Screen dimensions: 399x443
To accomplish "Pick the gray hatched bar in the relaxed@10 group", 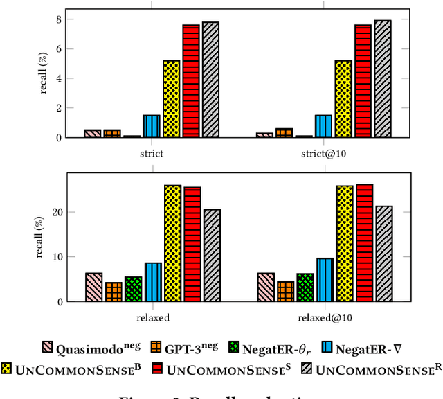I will (x=383, y=254).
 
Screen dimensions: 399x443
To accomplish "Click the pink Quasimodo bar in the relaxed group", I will (x=93, y=287).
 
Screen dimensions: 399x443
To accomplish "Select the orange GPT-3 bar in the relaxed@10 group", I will (x=285, y=291).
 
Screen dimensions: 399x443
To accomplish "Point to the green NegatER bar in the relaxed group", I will (x=133, y=289).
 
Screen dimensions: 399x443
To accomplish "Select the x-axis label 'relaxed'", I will (x=153, y=318).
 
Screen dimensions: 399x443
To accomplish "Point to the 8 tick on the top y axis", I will (x=60, y=19).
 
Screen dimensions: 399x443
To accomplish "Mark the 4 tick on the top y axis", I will (x=60, y=78).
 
